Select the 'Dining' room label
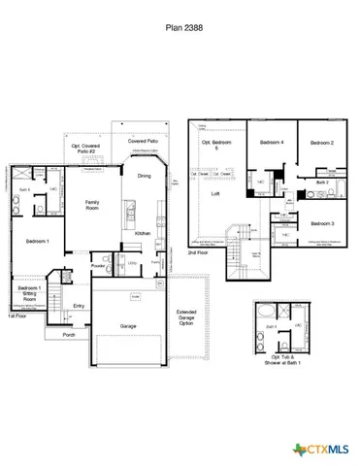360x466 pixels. point(144,176)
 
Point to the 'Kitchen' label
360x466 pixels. point(142,234)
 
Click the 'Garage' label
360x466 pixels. point(128,326)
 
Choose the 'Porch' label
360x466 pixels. point(68,335)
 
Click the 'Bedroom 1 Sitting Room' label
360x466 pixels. point(30,294)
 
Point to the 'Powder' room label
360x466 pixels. point(98,265)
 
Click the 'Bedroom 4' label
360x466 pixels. point(271,143)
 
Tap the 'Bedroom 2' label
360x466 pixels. point(321,143)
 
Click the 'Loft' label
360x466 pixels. point(215,194)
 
